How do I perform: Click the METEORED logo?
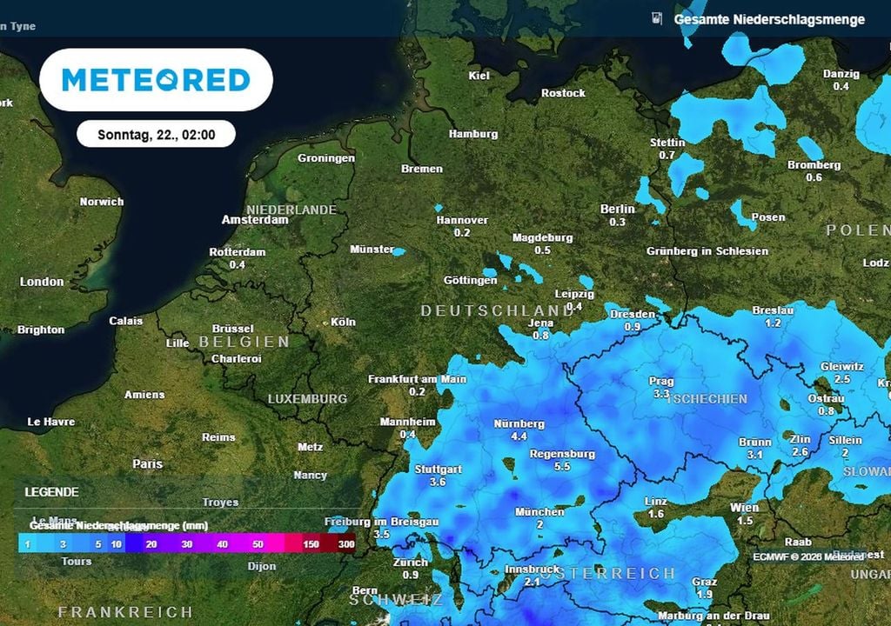coord(157,80)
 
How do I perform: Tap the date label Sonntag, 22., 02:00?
coord(156,135)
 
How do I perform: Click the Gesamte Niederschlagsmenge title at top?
coord(769,19)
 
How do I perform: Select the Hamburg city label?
coord(473,134)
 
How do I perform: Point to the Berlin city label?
coord(618,209)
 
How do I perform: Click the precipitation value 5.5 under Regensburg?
coord(562,467)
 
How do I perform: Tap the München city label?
coord(539,512)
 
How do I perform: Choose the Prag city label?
coord(661,381)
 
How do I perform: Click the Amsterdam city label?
coord(255,221)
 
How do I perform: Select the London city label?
coord(42,282)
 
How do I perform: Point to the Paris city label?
coord(147,464)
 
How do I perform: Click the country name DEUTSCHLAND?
coord(497,310)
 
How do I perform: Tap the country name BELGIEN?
coord(245,342)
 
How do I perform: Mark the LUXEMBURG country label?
coord(307,399)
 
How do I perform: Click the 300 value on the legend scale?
coord(346,543)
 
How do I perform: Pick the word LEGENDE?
coord(51,492)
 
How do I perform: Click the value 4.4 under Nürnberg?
coord(519,436)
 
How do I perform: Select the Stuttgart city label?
coord(438,469)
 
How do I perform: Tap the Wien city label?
coord(744,508)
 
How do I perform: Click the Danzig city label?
coord(841,74)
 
